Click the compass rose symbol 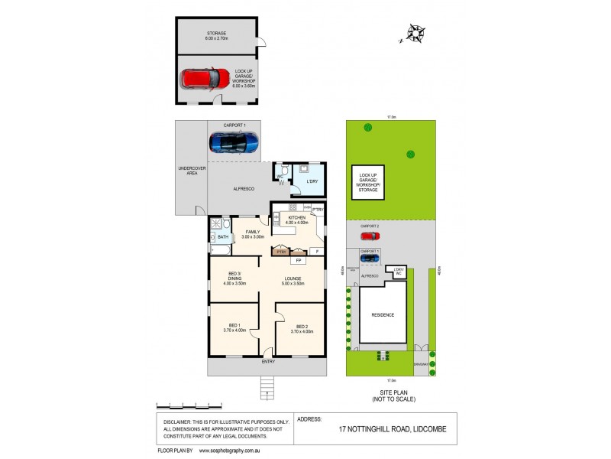pyautogui.click(x=416, y=33)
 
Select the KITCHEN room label pyautogui.click(x=297, y=220)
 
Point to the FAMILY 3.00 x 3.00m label pyautogui.click(x=253, y=234)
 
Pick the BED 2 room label pyautogui.click(x=302, y=327)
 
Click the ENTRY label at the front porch pyautogui.click(x=268, y=361)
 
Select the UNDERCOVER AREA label pyautogui.click(x=188, y=171)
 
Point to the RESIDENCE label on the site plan pyautogui.click(x=383, y=314)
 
